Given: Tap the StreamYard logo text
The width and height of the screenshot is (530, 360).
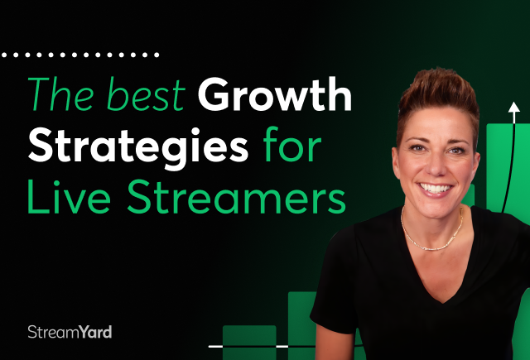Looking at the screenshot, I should tap(70, 332).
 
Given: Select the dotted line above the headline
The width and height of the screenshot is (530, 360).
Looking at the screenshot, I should tap(80, 55).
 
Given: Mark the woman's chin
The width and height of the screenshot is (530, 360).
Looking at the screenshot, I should tap(436, 209).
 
